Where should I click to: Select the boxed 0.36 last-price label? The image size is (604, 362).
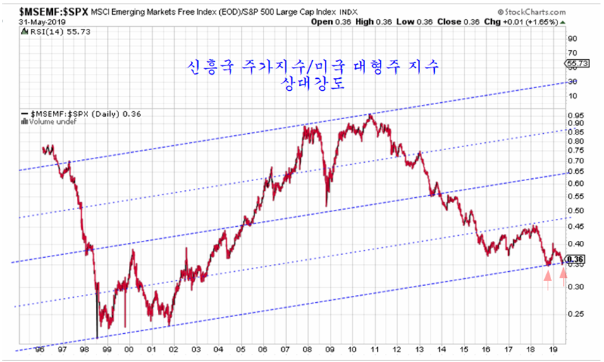point(577,259)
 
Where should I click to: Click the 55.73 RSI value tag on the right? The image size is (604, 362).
point(577,64)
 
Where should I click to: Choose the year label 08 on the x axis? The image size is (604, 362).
point(307,349)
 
